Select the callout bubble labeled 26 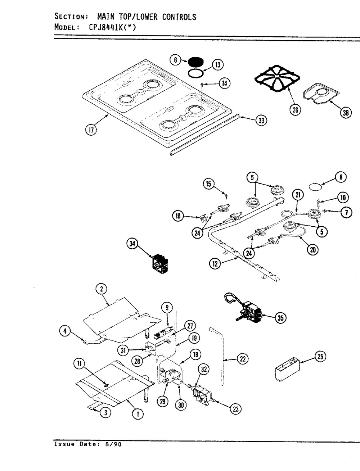coord(295,110)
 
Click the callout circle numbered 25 coord(320,356)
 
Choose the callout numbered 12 coord(215,264)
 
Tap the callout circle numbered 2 coord(102,288)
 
